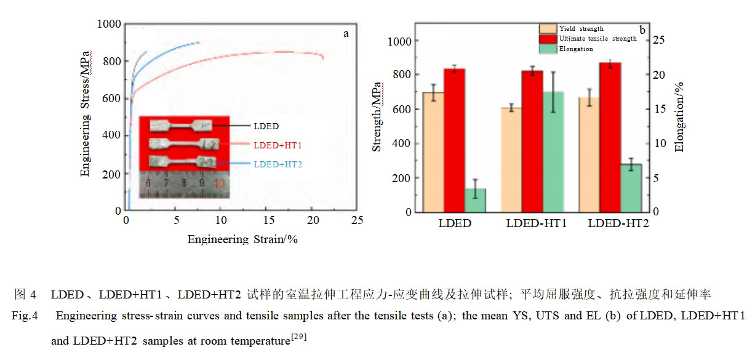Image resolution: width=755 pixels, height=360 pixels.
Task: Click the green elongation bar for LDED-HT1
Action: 553,152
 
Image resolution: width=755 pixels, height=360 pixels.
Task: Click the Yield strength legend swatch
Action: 547,29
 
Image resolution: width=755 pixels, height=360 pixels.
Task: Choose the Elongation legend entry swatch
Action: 547,49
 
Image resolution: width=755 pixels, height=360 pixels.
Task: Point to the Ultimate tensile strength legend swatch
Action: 547,39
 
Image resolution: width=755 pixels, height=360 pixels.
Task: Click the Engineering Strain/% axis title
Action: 242,239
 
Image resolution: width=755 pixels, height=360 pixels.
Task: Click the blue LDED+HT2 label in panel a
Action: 278,164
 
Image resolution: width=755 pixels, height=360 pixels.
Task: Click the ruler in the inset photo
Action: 184,183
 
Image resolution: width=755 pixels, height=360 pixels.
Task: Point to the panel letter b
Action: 642,30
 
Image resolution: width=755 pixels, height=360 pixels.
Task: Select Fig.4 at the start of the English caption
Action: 25,317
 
